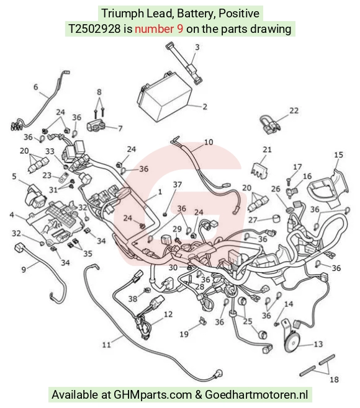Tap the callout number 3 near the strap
197,47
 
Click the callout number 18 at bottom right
334,379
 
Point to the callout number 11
106,345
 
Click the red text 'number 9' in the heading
159,29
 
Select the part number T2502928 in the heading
94,29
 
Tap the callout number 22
294,110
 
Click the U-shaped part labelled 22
269,124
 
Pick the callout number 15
338,155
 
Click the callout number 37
178,185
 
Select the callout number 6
35,87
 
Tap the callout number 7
120,128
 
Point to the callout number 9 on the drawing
24,270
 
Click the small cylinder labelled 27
277,219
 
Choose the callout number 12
168,314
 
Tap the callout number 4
12,215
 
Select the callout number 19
184,334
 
